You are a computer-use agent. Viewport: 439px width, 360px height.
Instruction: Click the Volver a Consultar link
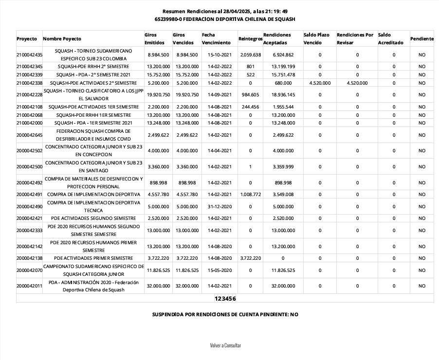click(225, 345)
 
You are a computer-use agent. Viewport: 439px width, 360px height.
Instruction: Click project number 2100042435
click(29, 54)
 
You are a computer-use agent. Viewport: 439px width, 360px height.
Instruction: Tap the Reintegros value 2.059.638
click(251, 54)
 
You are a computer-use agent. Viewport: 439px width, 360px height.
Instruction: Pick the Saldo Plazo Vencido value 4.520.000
click(320, 83)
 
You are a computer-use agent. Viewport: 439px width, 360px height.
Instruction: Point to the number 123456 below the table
click(225, 298)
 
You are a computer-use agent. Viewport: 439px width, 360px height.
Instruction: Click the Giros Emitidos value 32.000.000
click(157, 286)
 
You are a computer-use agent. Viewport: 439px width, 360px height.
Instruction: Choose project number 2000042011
click(29, 286)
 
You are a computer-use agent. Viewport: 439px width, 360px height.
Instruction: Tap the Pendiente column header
click(421, 38)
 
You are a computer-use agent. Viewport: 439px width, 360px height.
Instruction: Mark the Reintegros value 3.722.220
click(251, 258)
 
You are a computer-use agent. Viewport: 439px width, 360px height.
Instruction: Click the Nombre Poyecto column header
click(62, 38)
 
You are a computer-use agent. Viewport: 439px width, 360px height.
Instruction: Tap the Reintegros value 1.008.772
click(251, 195)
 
